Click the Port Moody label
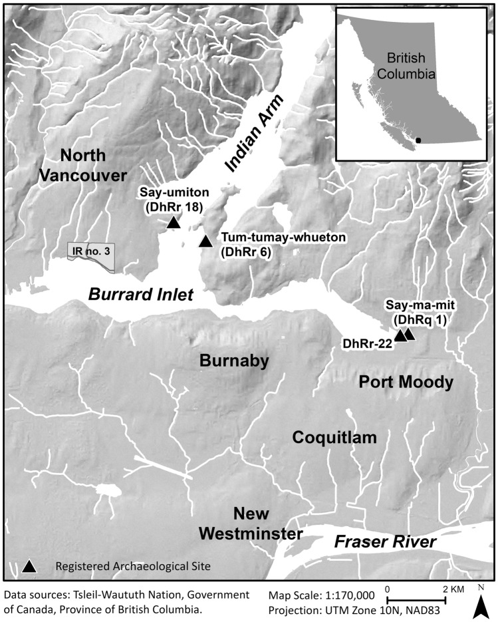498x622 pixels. [406, 382]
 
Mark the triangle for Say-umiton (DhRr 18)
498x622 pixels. [173, 222]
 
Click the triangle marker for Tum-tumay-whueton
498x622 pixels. [206, 240]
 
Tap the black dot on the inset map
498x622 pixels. [418, 140]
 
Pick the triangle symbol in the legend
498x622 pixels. [29, 566]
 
